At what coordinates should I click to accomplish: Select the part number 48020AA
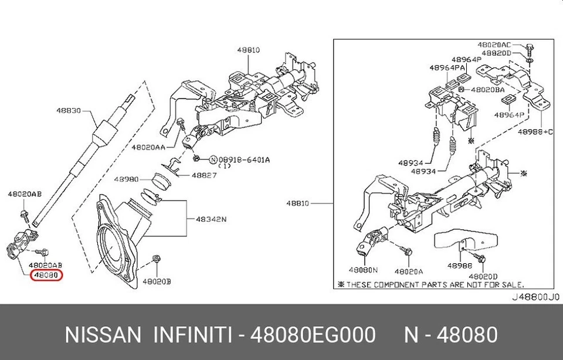coord(148,147)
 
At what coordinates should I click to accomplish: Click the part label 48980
coord(126,179)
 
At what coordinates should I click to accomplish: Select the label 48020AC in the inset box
coord(494,45)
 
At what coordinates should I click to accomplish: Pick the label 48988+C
coord(535,132)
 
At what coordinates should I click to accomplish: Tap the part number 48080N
coord(364,270)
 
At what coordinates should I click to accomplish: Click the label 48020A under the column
coord(409,271)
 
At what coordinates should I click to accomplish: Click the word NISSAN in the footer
coord(102,335)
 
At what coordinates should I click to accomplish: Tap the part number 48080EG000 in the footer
coord(313,335)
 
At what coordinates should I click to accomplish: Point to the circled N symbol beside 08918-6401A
coord(213,159)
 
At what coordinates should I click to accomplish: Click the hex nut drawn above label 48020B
coord(155,259)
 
